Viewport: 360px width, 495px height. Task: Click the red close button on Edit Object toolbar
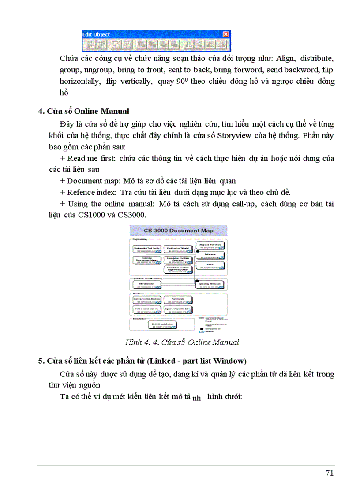pos(225,34)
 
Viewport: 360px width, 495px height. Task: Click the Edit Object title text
pos(96,34)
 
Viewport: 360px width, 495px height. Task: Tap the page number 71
pos(329,473)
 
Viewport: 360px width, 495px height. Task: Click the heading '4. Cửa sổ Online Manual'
pos(84,111)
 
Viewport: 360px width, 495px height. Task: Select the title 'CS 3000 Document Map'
pos(178,231)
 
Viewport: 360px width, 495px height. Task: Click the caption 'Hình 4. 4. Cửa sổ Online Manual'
pos(182,342)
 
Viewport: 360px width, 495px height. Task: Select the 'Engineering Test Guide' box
pos(146,249)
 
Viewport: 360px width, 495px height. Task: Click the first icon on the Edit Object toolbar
pos(90,45)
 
